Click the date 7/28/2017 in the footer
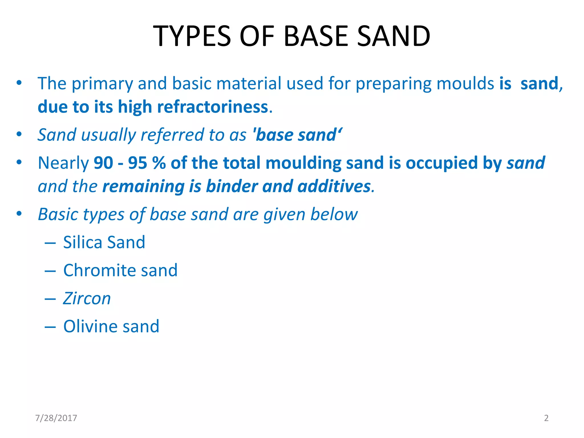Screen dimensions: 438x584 click(56, 418)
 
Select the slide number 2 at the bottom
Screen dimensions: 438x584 click(546, 418)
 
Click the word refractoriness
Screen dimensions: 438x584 click(212, 107)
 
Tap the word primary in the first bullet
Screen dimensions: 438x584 click(102, 84)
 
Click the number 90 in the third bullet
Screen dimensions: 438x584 click(103, 163)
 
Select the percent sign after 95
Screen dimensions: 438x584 click(159, 163)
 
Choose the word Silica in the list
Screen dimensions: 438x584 click(82, 242)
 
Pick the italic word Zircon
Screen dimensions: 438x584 click(87, 299)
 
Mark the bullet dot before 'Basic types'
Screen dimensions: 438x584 click(19, 214)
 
